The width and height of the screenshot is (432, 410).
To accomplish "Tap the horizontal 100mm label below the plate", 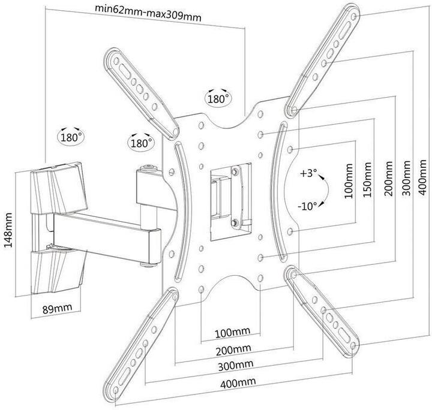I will pos(232,331).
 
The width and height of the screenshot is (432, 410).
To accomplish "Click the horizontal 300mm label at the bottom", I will pos(235,365).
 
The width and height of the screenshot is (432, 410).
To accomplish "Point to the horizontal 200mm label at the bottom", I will pos(234,348).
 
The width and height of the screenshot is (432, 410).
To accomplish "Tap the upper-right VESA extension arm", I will pos(324,60).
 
